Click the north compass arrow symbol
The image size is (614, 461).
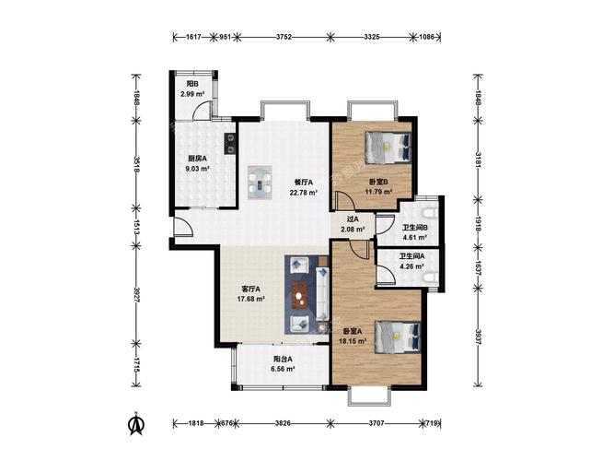(137, 424)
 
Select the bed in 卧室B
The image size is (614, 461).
(388, 148)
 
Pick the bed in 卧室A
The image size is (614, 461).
(398, 337)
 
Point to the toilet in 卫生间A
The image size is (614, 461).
(430, 278)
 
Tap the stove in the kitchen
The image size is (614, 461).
(230, 143)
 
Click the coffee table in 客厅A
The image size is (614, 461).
(300, 295)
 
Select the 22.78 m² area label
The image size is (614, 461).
(303, 193)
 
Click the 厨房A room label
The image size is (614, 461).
(197, 159)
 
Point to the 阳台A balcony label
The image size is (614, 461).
(283, 359)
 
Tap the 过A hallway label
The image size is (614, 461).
(353, 219)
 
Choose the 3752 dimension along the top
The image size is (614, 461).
(284, 37)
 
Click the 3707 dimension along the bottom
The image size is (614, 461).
(377, 423)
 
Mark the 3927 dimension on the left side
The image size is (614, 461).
(136, 294)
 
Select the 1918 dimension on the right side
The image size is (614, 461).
(478, 223)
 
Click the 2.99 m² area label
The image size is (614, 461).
(192, 94)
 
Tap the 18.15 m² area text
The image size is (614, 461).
(353, 341)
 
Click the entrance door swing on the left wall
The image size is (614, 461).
(183, 227)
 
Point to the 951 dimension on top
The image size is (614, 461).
(225, 37)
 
